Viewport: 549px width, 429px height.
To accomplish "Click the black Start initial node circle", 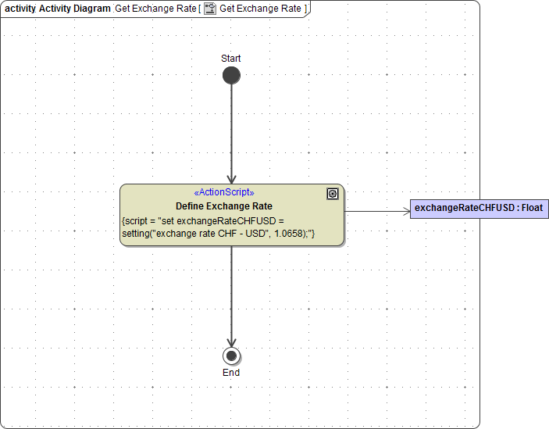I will pos(231,75).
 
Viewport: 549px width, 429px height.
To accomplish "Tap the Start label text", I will pos(231,59).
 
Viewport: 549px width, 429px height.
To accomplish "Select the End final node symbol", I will pos(231,356).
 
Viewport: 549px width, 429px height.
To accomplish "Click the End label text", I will pos(231,373).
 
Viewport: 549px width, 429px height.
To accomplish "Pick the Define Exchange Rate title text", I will pos(223,206).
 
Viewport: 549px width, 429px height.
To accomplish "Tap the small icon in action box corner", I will pos(333,194).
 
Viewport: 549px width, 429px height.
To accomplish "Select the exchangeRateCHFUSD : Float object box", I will pos(479,209).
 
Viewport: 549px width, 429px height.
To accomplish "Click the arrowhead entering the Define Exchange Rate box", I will pos(231,179).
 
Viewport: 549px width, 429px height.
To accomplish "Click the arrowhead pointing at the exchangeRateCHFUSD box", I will pos(406,211).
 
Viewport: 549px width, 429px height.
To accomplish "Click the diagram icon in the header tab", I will pos(209,9).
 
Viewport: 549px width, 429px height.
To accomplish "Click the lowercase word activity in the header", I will pos(20,9).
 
